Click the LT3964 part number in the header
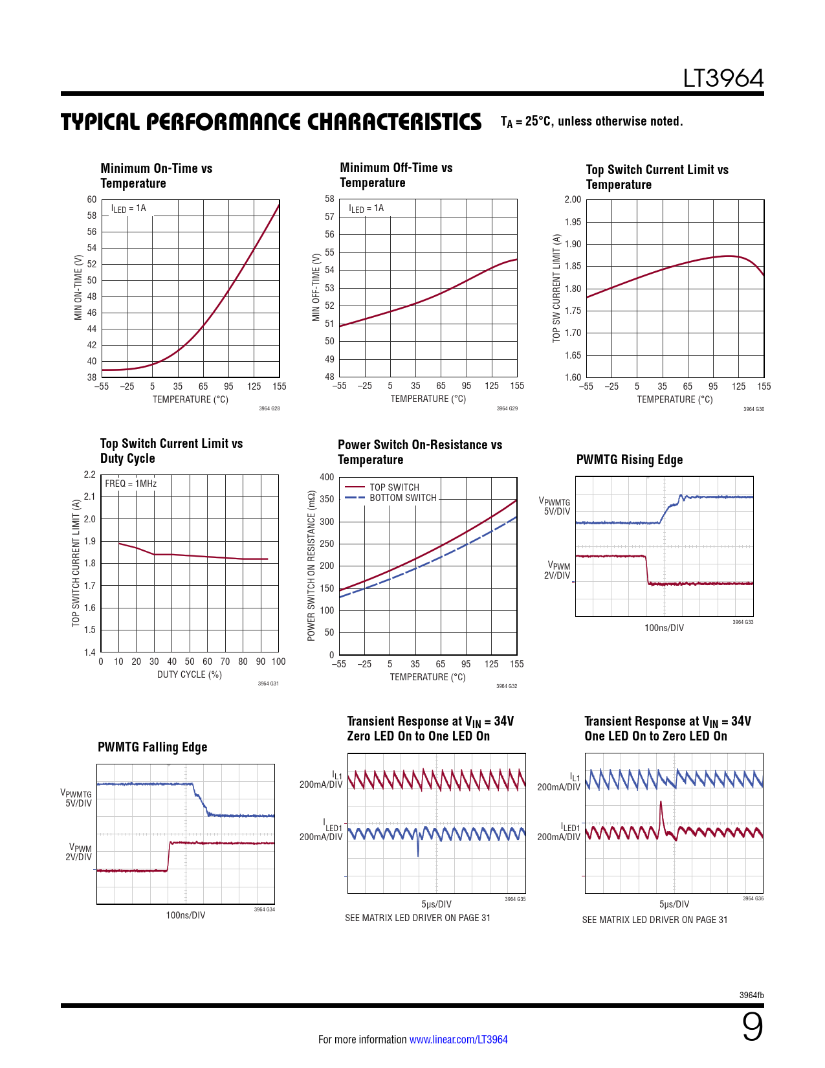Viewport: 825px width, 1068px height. coord(723,79)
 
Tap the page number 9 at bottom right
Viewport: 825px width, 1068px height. coord(752,1027)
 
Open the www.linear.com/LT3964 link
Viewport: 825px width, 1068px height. coord(458,1040)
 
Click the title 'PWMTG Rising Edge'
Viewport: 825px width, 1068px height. coord(629,460)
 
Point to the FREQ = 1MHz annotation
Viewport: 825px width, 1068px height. coord(131,484)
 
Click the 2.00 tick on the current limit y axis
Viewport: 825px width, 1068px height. coord(573,199)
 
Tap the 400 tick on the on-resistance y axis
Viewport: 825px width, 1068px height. coord(327,477)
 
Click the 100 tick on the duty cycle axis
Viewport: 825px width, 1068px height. coord(278,662)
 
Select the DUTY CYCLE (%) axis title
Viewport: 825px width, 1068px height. coord(189,674)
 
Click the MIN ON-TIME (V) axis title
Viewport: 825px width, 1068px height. coord(78,287)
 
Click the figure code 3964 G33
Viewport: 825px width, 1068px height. coord(743,622)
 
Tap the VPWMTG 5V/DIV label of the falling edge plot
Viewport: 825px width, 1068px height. coord(76,798)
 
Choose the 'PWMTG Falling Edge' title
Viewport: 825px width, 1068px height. coord(152,747)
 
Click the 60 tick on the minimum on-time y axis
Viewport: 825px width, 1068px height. coord(92,199)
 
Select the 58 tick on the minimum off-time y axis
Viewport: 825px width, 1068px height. coord(330,199)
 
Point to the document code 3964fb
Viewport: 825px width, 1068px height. coord(751,995)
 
